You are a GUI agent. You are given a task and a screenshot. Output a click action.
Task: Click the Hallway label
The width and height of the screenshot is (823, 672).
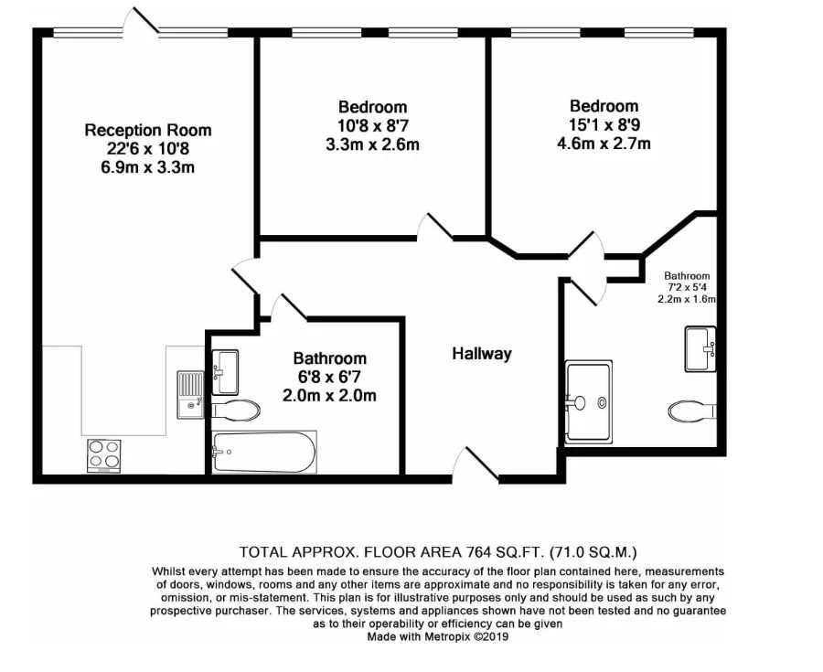click(x=482, y=354)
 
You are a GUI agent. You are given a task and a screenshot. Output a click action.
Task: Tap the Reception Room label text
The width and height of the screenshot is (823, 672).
click(x=148, y=130)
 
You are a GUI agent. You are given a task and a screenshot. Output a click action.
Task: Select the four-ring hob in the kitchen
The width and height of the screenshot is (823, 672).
click(x=104, y=456)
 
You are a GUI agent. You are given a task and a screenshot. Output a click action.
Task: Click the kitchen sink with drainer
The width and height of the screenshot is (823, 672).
click(x=190, y=394)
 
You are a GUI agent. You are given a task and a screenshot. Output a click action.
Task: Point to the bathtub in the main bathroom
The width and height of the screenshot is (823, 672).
click(x=264, y=452)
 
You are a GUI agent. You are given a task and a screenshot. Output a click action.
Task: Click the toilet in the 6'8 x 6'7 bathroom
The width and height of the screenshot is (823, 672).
click(x=236, y=410)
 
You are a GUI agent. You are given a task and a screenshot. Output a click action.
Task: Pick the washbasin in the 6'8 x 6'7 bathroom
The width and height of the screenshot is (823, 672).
click(x=225, y=372)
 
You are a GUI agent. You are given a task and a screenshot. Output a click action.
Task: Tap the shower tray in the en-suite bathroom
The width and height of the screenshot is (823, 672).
click(x=588, y=402)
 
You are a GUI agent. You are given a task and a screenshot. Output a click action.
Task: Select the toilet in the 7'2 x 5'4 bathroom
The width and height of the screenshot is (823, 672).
click(x=692, y=411)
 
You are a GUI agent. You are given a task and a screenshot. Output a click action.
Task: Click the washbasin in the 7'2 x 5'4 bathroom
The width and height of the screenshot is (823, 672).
click(x=700, y=349)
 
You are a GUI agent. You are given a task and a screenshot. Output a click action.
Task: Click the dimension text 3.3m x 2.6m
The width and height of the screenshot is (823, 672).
click(x=373, y=144)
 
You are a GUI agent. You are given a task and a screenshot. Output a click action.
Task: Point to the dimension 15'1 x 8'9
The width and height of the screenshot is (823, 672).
click(x=604, y=124)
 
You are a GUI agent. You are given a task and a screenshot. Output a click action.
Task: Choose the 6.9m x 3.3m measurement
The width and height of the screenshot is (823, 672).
click(x=148, y=167)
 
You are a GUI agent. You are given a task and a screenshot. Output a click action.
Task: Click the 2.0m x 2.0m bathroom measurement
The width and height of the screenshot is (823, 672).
click(x=329, y=395)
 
